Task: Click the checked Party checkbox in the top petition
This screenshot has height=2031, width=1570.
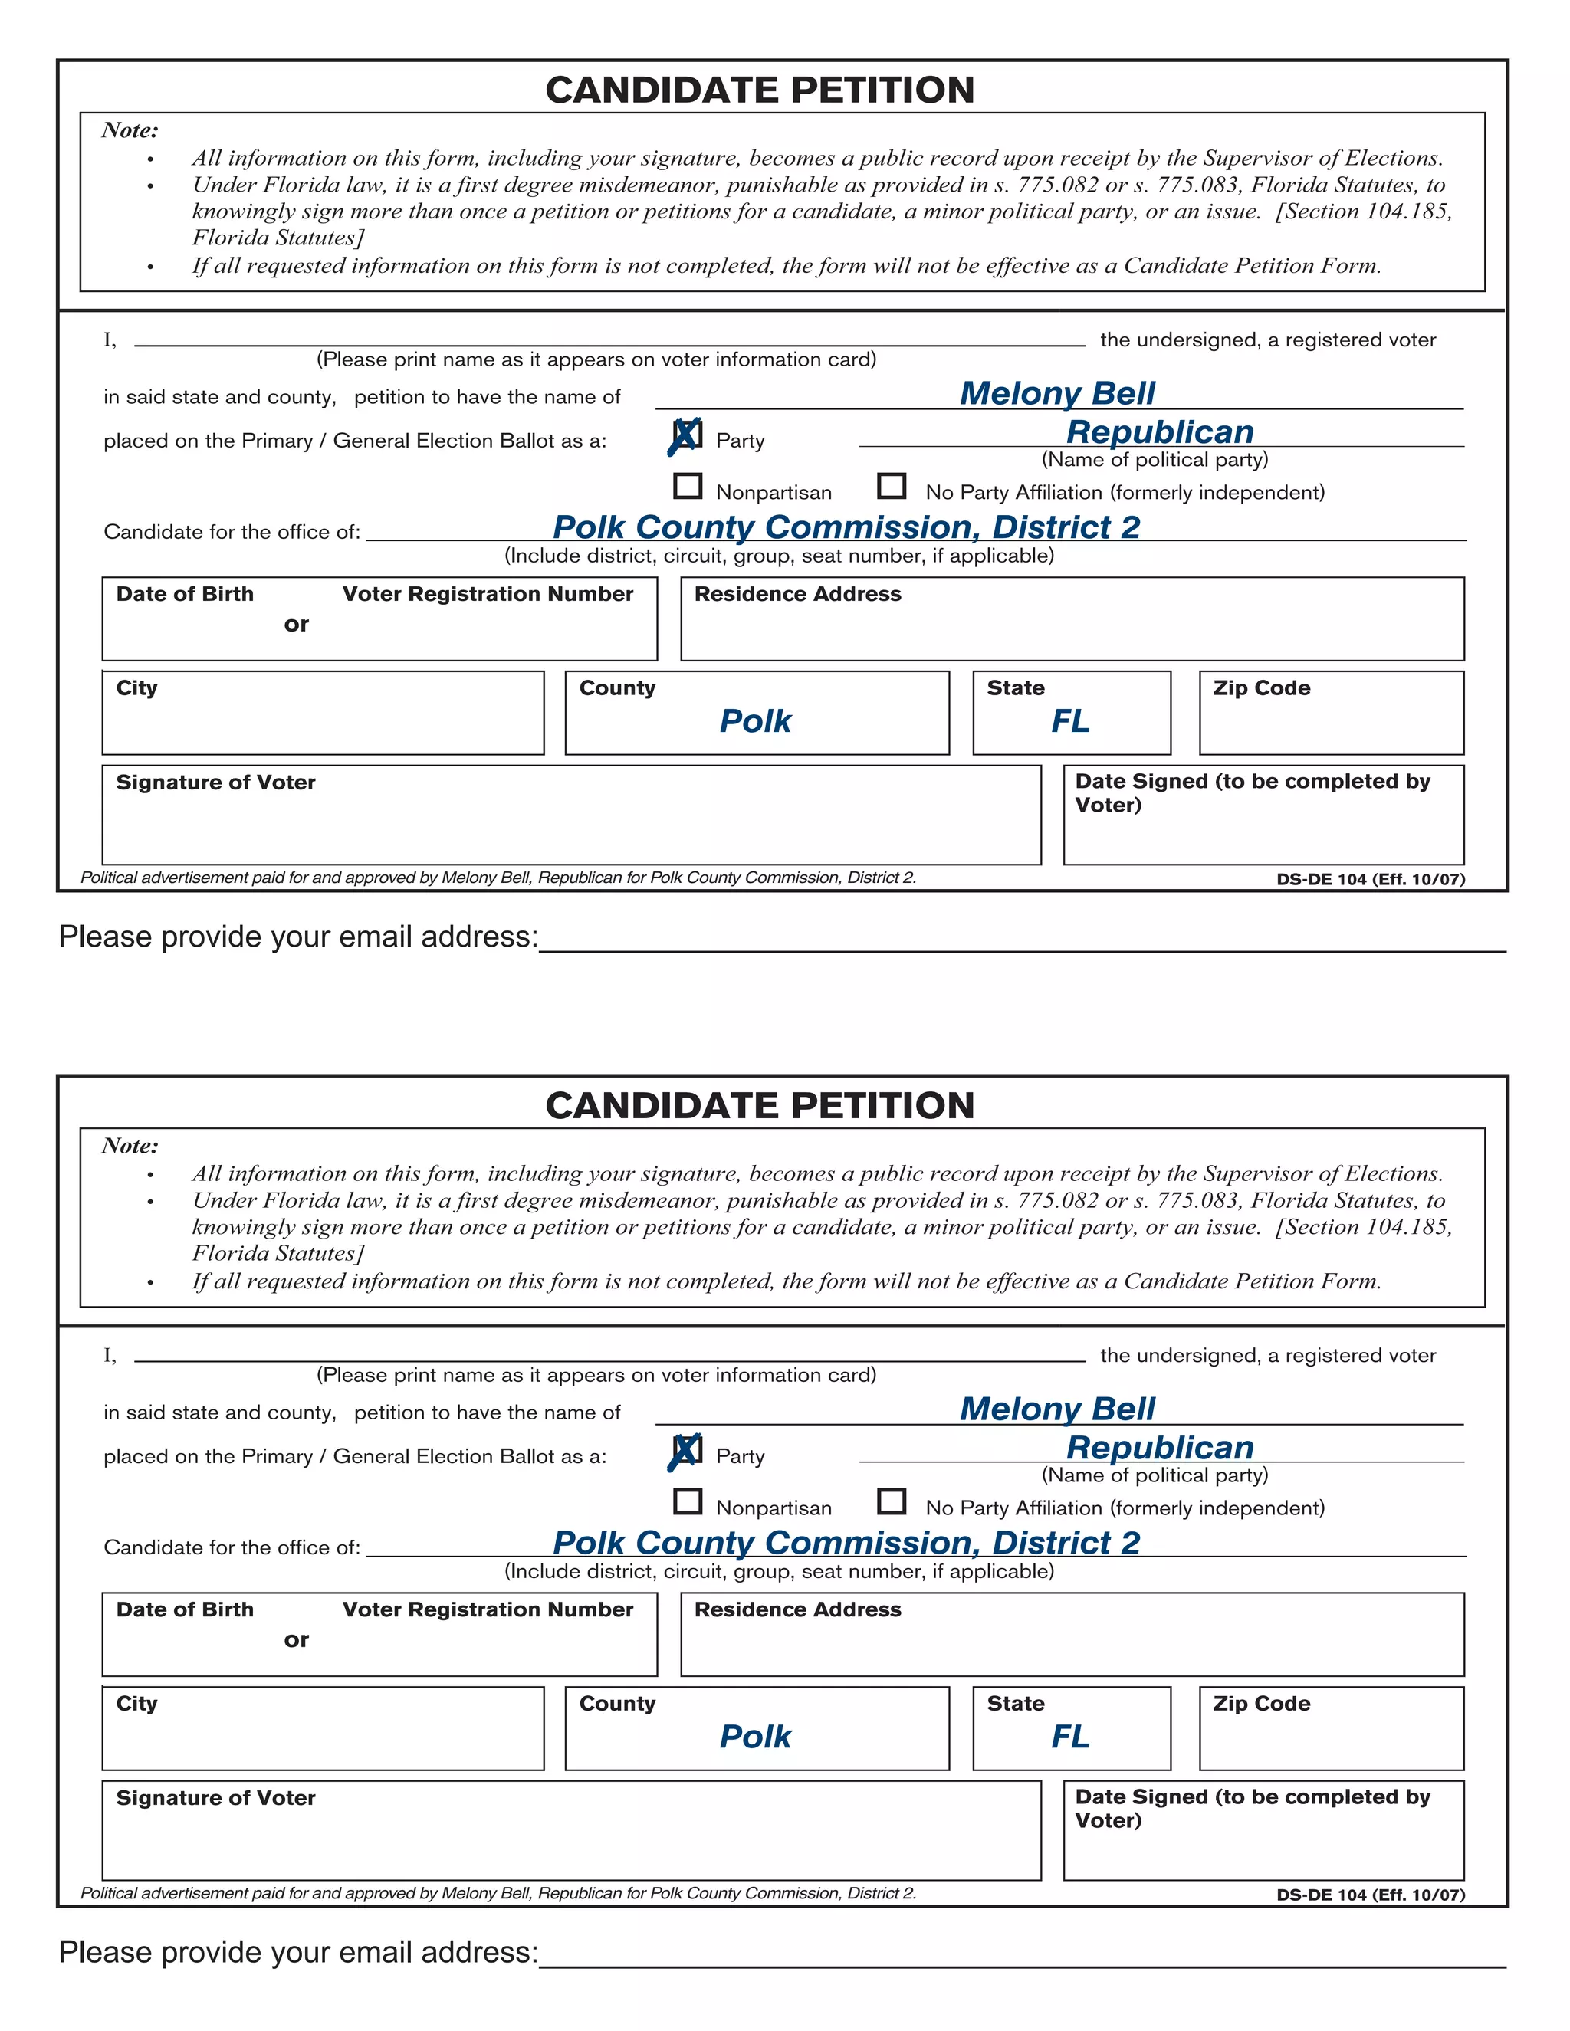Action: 686,435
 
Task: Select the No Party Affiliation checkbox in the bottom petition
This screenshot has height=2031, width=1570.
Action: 891,1501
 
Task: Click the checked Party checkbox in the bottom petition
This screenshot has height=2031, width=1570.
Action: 686,1451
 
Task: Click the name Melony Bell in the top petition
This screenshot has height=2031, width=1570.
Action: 1056,393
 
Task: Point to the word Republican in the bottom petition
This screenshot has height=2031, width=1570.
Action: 1159,1448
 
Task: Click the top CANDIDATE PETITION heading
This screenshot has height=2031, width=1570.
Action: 759,90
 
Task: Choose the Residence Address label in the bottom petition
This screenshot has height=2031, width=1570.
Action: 797,1609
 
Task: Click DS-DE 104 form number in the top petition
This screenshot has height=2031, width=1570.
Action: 1369,879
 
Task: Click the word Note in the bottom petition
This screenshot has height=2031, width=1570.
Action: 130,1146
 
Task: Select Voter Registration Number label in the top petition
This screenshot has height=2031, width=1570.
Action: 488,594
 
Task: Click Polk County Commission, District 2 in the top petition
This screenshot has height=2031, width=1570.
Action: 846,527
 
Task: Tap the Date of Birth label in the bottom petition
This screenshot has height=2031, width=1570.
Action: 184,1609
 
